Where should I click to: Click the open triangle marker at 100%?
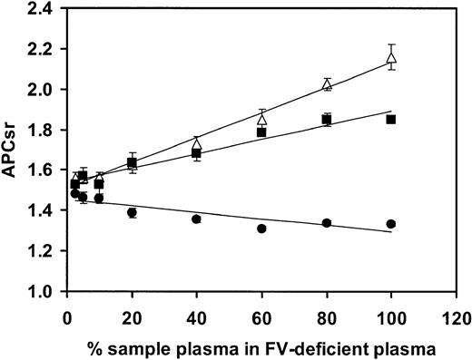391,58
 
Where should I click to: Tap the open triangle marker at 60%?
261,119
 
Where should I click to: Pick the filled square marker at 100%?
391,119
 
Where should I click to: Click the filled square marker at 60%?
261,132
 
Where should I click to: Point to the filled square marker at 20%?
132,162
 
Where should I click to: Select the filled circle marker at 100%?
391,224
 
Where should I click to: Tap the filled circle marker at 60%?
261,229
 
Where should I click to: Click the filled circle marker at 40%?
196,219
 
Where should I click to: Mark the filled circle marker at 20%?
132,212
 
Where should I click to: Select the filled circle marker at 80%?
327,223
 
